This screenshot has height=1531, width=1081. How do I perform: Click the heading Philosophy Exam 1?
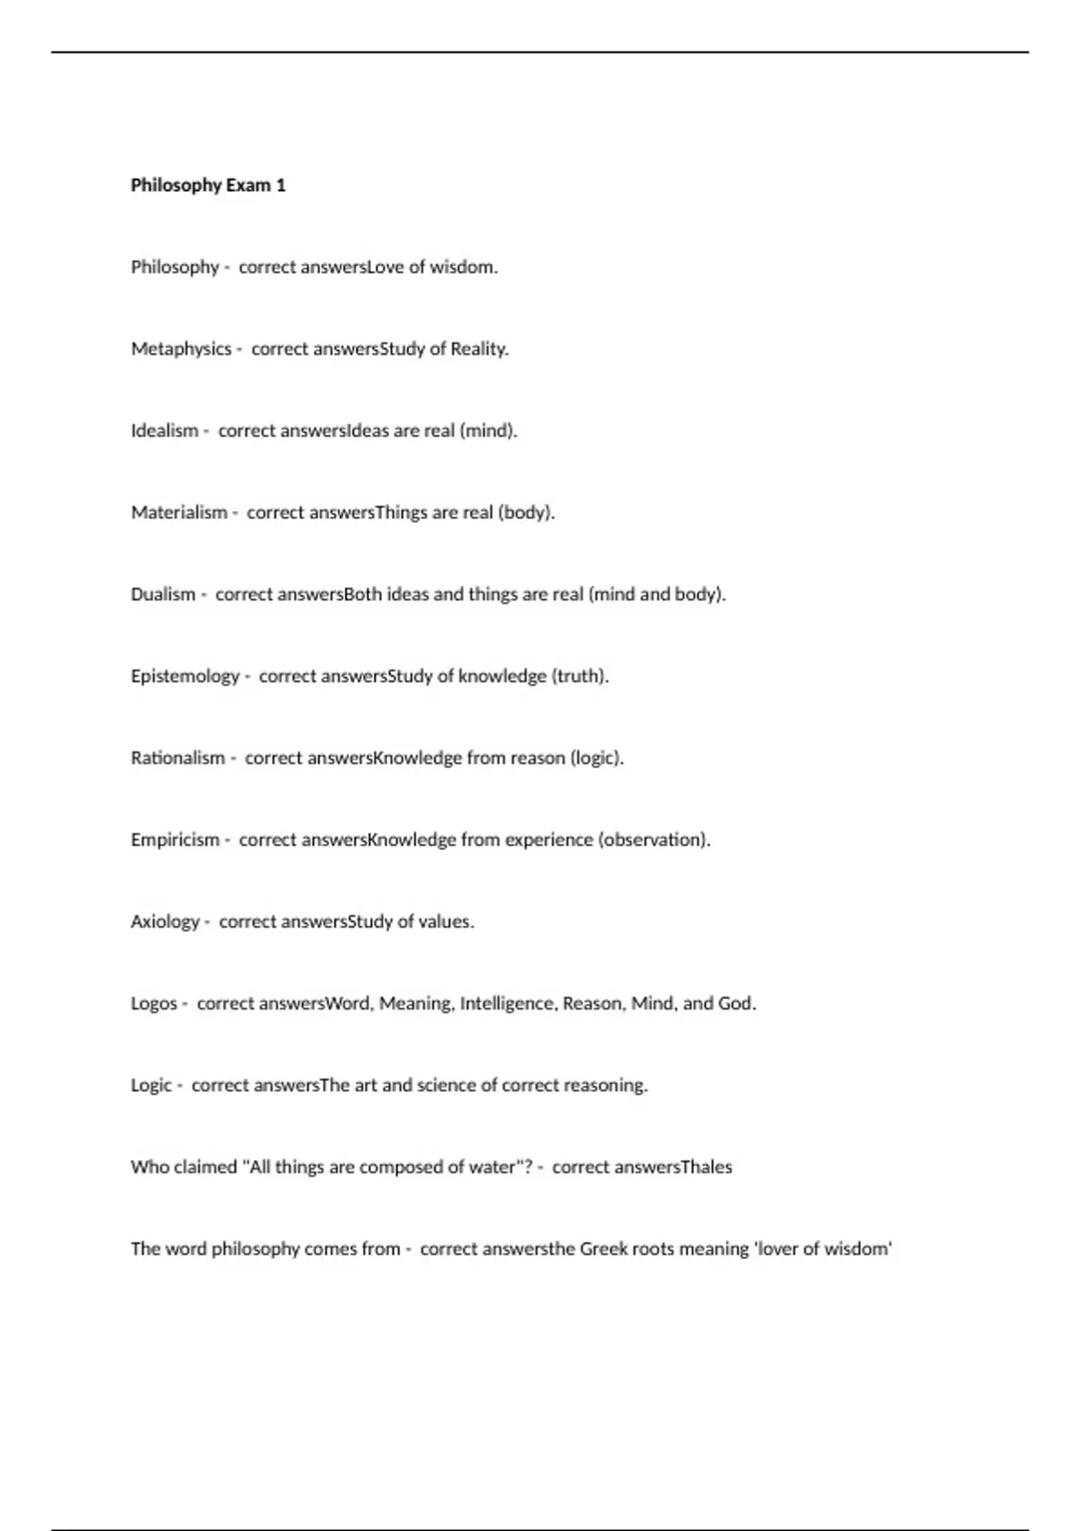[208, 186]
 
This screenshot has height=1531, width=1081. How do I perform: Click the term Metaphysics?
[181, 349]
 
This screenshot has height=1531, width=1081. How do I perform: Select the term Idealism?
[164, 430]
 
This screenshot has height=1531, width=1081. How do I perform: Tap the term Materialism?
[179, 512]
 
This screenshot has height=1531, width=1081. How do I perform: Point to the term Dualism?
[163, 594]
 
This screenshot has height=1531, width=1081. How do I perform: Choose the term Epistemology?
[185, 676]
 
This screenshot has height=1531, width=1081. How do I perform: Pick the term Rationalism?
[177, 758]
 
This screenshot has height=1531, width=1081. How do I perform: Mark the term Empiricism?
[175, 840]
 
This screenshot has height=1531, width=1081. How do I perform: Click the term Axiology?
[165, 922]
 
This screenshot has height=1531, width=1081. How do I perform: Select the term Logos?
[154, 1004]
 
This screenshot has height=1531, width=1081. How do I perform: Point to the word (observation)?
[654, 840]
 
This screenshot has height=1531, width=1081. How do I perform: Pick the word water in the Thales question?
[492, 1167]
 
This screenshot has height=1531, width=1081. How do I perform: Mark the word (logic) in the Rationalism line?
[596, 758]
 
